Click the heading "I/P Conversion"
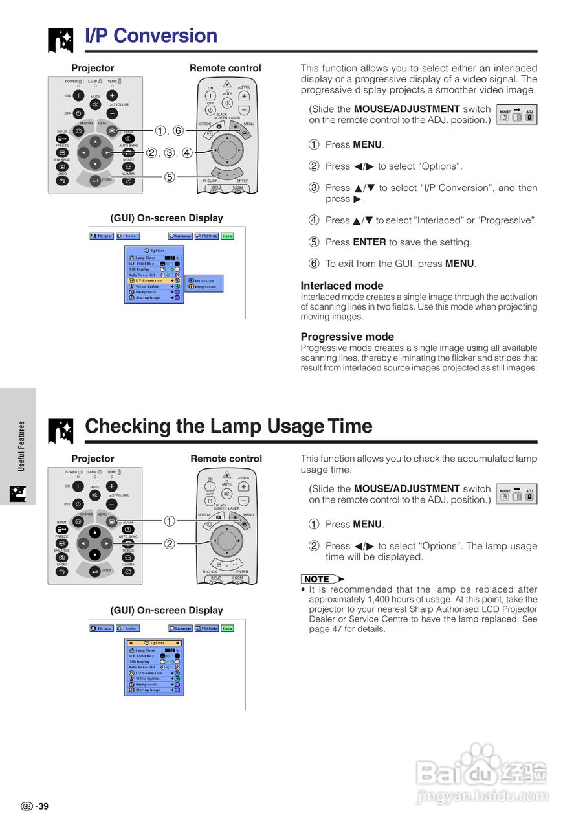click(151, 36)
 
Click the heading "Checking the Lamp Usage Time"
click(228, 426)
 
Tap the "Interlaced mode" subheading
click(342, 286)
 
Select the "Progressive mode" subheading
click(347, 337)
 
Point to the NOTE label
click(318, 579)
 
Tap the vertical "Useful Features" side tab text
click(21, 446)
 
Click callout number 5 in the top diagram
click(169, 177)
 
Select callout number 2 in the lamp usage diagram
click(169, 544)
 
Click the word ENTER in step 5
click(370, 242)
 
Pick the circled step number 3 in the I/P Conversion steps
click(314, 188)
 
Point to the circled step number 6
click(314, 264)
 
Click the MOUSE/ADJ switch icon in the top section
click(516, 116)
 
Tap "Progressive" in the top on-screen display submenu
click(205, 286)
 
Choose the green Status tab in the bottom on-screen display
click(227, 628)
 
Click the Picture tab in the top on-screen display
click(102, 236)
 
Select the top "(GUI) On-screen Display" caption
click(166, 218)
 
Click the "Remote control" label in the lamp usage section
click(226, 459)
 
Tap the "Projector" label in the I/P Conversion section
click(93, 68)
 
